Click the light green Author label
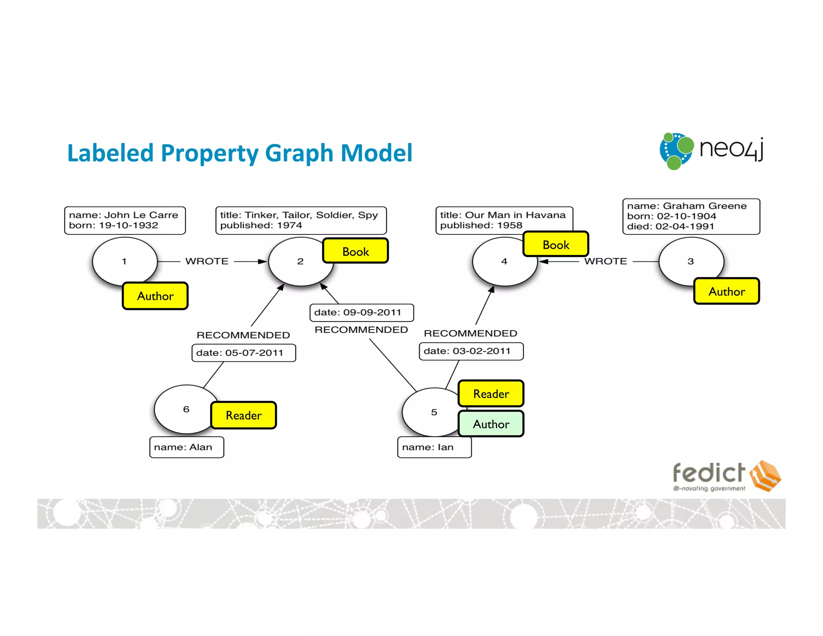coord(491,424)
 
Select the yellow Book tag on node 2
coord(355,251)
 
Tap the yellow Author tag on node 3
coord(726,291)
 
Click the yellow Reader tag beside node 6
coord(244,415)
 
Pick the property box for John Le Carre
coord(125,220)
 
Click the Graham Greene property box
coord(691,216)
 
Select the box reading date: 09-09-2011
coord(361,313)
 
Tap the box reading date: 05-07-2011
coord(244,353)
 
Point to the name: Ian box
coord(434,447)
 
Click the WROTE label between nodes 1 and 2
coord(207,261)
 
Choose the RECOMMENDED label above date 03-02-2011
coord(470,333)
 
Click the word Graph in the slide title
coord(299,153)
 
